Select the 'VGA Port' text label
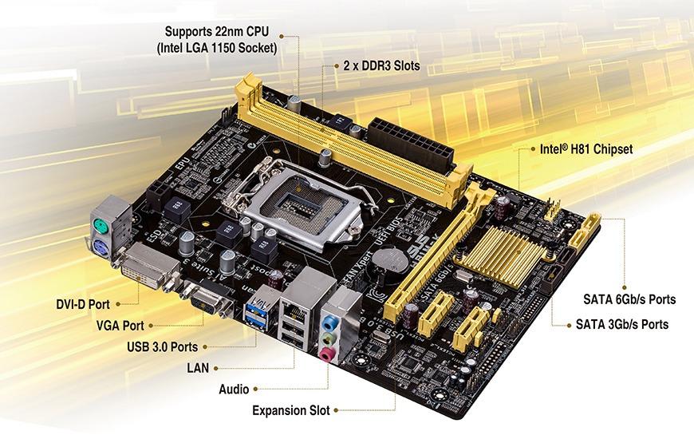(120, 326)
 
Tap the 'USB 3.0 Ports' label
(162, 346)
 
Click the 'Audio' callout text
(233, 390)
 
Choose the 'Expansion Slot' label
(290, 411)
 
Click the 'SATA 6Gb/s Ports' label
(625, 299)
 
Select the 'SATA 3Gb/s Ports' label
(622, 325)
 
